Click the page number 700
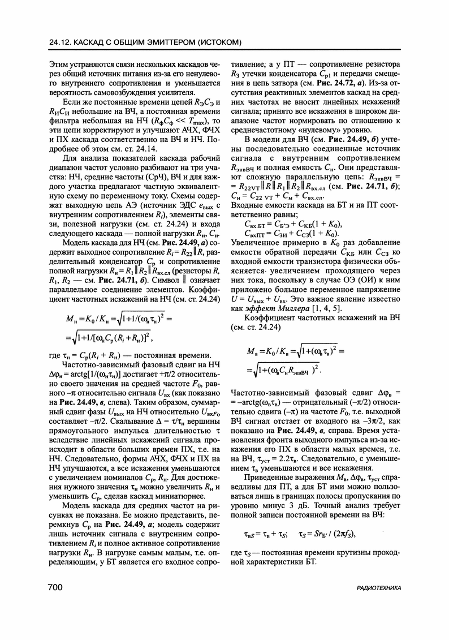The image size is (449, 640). (x=55, y=588)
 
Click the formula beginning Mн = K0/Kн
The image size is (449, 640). (x=122, y=328)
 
